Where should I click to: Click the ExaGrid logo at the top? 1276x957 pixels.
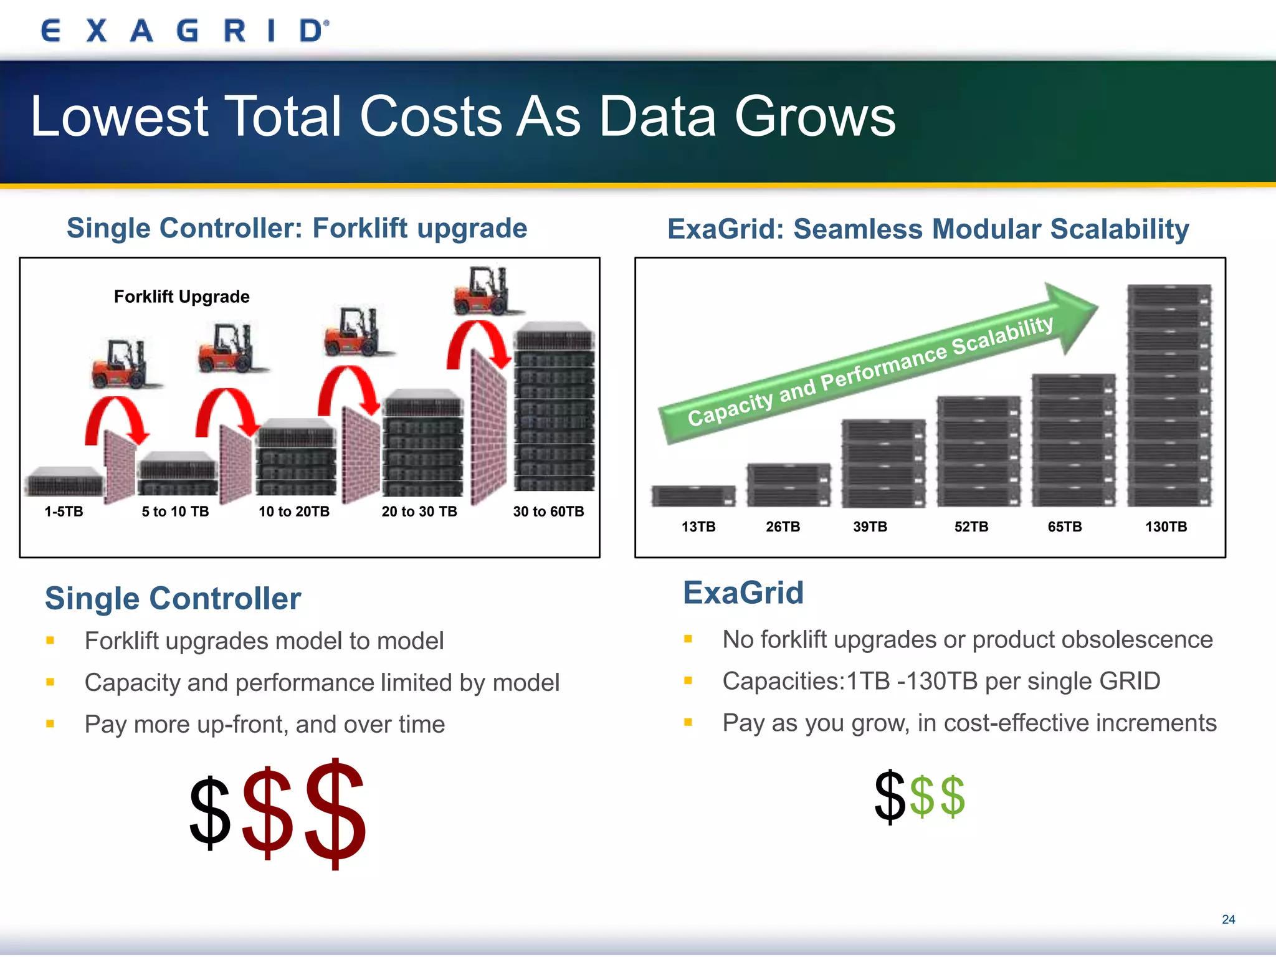pyautogui.click(x=184, y=31)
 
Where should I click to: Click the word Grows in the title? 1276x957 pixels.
pyautogui.click(x=814, y=117)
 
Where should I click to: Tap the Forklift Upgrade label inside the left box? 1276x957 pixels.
pyautogui.click(x=181, y=297)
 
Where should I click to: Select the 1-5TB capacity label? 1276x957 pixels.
pyautogui.click(x=64, y=512)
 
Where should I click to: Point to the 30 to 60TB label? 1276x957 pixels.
pyautogui.click(x=548, y=512)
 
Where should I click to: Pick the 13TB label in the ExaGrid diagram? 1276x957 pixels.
pyautogui.click(x=698, y=526)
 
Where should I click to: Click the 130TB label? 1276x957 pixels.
pyautogui.click(x=1166, y=526)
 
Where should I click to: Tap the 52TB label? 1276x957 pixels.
pyautogui.click(x=971, y=526)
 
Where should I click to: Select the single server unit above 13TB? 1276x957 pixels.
pyautogui.click(x=693, y=496)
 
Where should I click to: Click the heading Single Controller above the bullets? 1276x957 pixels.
pyautogui.click(x=173, y=598)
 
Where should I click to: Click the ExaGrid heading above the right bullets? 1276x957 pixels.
pyautogui.click(x=743, y=593)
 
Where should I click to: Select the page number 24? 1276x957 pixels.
pyautogui.click(x=1228, y=920)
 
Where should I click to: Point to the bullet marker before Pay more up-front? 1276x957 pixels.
pyautogui.click(x=50, y=724)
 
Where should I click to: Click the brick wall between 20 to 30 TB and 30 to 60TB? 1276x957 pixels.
pyautogui.click(x=488, y=430)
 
